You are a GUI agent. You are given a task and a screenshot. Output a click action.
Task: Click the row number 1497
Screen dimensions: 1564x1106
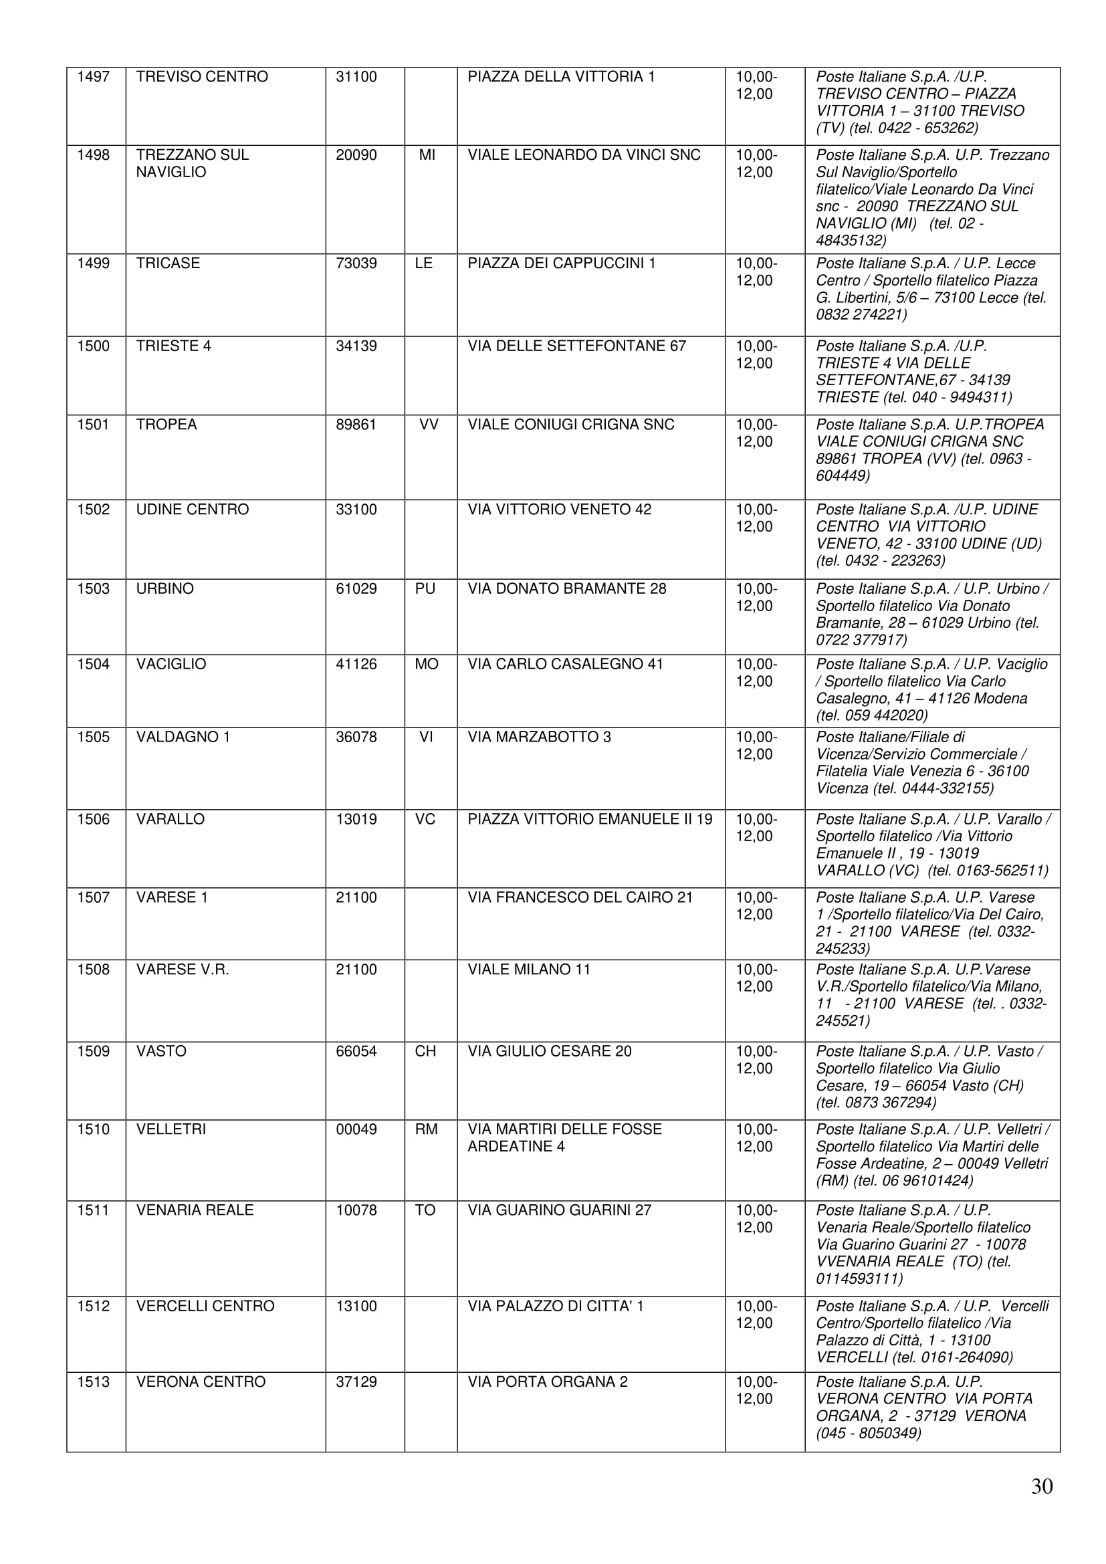[94, 77]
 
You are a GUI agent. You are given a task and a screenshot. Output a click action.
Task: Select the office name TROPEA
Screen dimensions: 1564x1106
[167, 425]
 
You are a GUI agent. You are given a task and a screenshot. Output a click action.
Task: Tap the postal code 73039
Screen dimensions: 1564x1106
[356, 263]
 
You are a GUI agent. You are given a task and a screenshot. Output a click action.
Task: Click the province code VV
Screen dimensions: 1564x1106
[429, 425]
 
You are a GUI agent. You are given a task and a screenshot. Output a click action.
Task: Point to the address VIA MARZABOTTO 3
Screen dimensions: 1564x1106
[540, 737]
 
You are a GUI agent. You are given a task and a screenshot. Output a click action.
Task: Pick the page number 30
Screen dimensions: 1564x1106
[1042, 1486]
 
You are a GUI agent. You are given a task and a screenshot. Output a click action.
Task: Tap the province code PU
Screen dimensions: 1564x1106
[425, 588]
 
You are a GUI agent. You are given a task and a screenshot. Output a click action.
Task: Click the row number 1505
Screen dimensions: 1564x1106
[94, 737]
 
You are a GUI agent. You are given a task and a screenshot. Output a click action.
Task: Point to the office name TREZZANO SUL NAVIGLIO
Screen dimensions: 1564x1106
[192, 163]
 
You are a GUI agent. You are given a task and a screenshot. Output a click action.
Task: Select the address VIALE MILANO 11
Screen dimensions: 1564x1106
[529, 970]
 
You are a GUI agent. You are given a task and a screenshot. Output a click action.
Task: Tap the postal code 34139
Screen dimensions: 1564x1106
[356, 346]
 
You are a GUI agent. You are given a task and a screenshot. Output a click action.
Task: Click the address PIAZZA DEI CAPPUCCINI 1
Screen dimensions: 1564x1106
[562, 263]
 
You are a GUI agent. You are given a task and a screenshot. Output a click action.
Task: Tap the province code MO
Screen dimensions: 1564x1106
[427, 664]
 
